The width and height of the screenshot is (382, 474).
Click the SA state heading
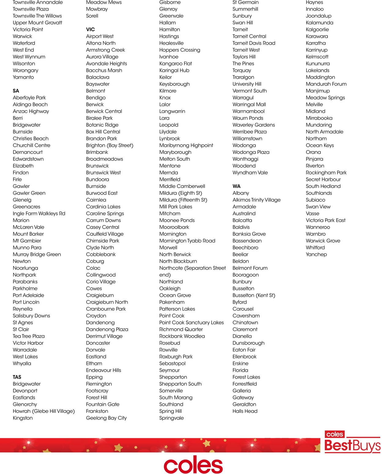[x=16, y=91]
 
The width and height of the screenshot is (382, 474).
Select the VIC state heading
[x=90, y=30]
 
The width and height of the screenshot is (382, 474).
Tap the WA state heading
[x=237, y=186]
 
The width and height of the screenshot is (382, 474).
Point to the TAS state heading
[x=17, y=377]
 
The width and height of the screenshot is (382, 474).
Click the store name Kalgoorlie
[x=317, y=30]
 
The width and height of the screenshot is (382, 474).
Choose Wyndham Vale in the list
[x=250, y=173]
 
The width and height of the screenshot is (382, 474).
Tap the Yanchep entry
[x=316, y=254]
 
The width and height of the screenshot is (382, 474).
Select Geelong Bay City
[x=106, y=418]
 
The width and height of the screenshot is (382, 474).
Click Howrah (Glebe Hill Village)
[x=44, y=411]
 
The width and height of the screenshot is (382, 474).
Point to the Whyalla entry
[x=22, y=363]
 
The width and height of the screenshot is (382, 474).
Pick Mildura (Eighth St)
[x=181, y=193]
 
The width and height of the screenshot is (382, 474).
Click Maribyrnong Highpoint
[x=186, y=145]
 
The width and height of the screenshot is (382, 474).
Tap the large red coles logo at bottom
[x=193, y=465]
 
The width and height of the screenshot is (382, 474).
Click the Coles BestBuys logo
[x=352, y=442]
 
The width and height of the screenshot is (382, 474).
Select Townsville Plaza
[x=31, y=9]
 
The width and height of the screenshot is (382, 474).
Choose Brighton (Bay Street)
[x=110, y=145]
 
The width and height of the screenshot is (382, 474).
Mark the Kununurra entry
[x=318, y=64]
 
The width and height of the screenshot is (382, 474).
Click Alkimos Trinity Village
[x=256, y=200]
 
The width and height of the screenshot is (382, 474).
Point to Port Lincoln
[x=26, y=302]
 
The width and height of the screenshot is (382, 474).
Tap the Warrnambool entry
[x=248, y=111]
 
